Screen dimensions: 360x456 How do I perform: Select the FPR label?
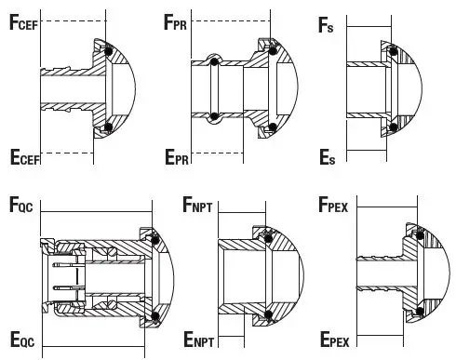(x=200, y=22)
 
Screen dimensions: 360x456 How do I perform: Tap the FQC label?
(x=21, y=207)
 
